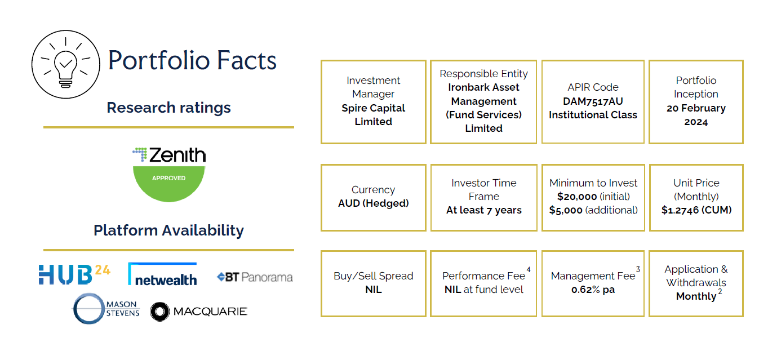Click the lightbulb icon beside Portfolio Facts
[x=65, y=64]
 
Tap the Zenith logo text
[x=177, y=155]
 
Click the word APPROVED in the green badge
[x=168, y=178]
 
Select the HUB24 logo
[x=74, y=274]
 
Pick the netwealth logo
[x=162, y=274]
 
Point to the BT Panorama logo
[x=255, y=277]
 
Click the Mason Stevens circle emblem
[x=88, y=309]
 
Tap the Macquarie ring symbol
[x=160, y=312]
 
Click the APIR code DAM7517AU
[x=593, y=101]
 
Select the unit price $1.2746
[x=680, y=210]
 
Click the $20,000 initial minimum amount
[x=577, y=197]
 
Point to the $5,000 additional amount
[x=566, y=210]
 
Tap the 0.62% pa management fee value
[x=593, y=290]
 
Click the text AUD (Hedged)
[x=374, y=203]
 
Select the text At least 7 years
[x=484, y=210]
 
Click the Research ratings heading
[x=168, y=108]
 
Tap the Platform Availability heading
[x=168, y=230]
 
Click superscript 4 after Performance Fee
[x=529, y=269]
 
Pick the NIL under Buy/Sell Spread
[x=374, y=290]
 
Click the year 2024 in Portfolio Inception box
[x=696, y=122]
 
